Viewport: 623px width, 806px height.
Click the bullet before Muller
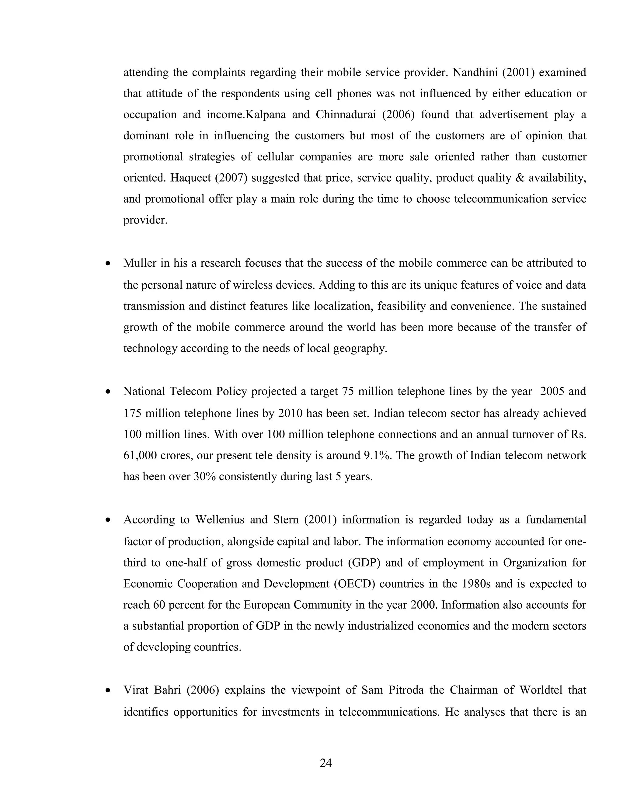click(108, 264)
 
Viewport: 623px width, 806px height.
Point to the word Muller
click(139, 263)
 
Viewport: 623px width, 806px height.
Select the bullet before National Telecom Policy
click(108, 392)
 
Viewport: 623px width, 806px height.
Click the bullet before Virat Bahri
click(108, 691)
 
